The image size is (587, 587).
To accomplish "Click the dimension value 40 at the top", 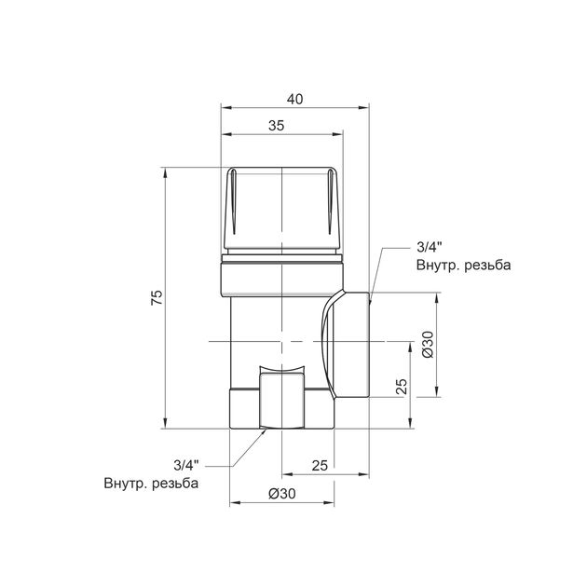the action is [294, 99].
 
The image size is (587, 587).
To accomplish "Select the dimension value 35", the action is [277, 126].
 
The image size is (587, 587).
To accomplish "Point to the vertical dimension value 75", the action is [157, 297].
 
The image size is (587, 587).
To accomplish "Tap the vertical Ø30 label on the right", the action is [428, 345].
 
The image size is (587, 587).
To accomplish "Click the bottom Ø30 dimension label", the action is [282, 494].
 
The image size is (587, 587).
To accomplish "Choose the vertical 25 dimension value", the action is [402, 387].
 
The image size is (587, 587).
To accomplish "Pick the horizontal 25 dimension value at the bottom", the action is [320, 465].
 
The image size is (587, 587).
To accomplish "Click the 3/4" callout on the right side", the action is [429, 248].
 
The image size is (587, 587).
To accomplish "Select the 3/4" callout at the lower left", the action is [186, 465].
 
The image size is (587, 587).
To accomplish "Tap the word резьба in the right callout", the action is [487, 265].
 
